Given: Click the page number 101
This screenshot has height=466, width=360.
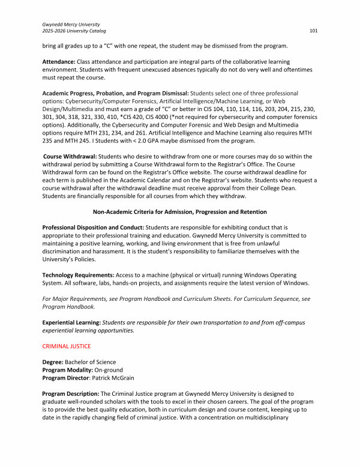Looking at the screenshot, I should point(313,30).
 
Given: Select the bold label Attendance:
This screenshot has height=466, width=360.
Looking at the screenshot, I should point(59,62).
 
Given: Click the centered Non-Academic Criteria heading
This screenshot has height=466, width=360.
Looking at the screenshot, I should point(179,211).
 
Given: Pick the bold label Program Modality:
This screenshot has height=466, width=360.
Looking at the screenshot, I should point(68,369).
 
